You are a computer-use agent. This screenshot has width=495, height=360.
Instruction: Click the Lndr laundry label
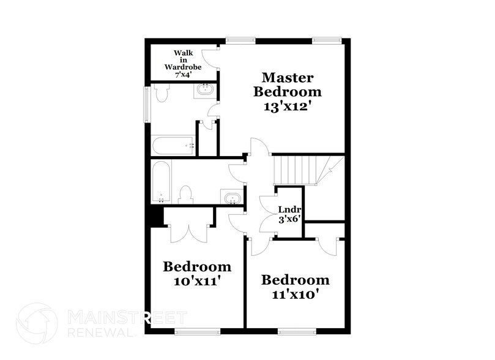click(289, 207)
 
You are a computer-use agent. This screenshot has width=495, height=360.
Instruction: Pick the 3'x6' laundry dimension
click(289, 217)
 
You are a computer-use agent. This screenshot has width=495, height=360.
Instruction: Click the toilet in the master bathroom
click(162, 93)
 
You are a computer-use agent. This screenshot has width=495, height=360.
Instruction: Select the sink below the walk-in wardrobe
click(204, 91)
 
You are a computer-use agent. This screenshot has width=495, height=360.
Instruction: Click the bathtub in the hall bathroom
click(162, 181)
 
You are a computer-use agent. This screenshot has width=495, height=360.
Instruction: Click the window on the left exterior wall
click(147, 104)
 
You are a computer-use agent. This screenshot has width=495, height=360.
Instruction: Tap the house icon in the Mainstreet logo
click(37, 322)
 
